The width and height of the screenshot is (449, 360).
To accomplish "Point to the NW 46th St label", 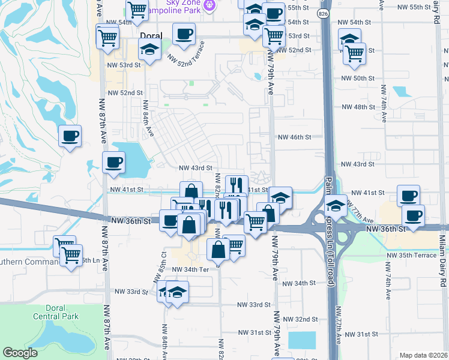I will click(x=294, y=137).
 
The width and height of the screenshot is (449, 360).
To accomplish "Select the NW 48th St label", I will click(x=358, y=107).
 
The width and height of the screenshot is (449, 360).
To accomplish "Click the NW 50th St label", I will click(x=358, y=79).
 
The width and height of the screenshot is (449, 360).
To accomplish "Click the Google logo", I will click(x=20, y=353).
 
